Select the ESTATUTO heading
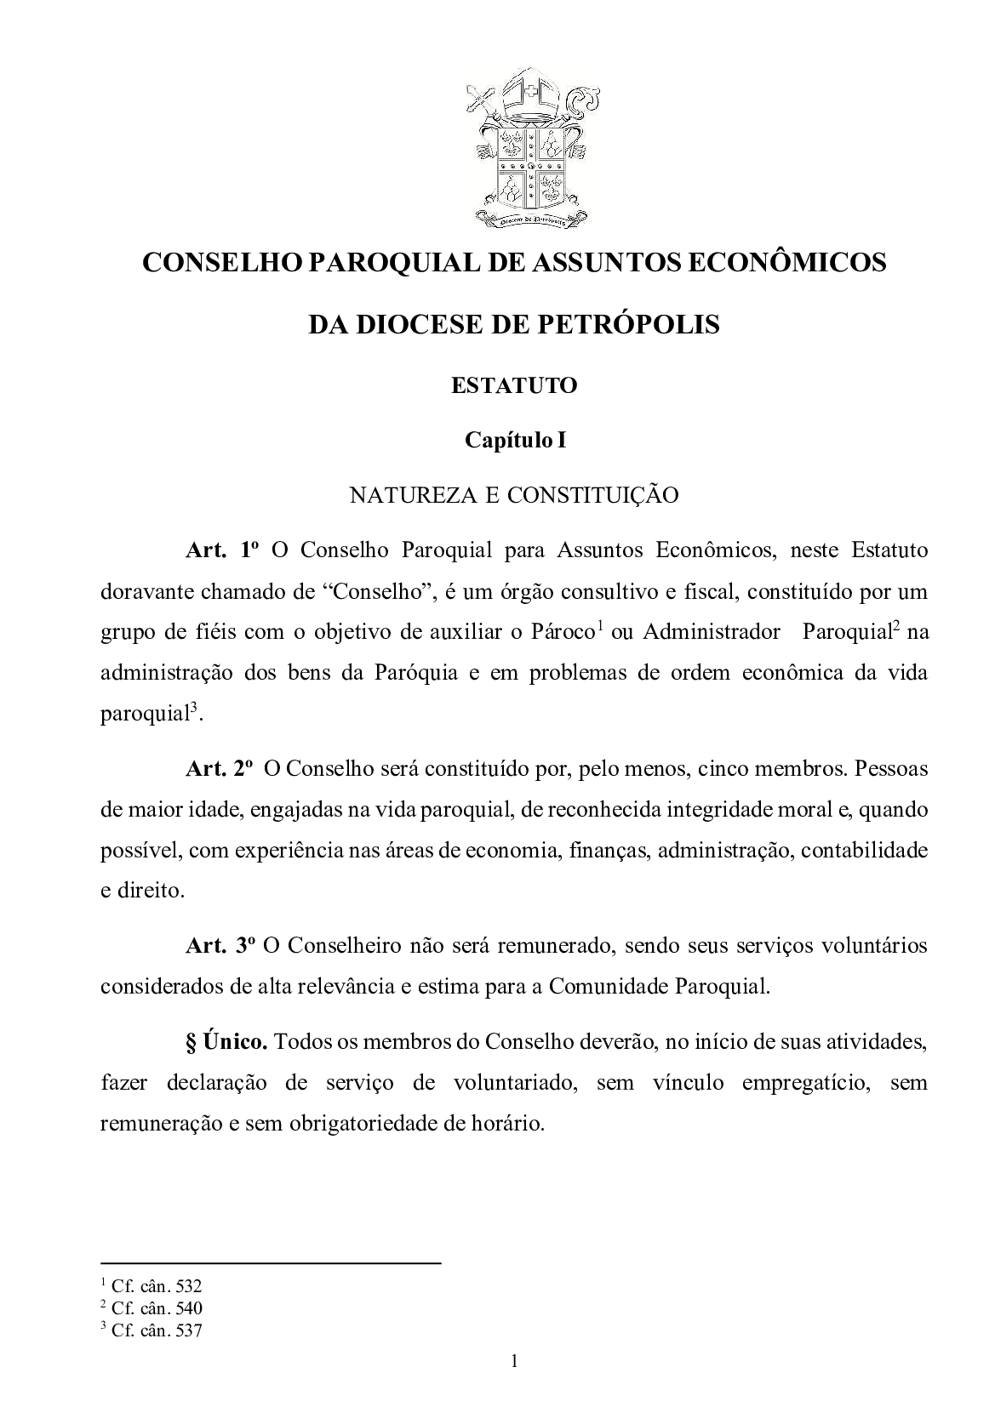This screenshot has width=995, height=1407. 514,385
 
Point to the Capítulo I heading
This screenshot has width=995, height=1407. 515,440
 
